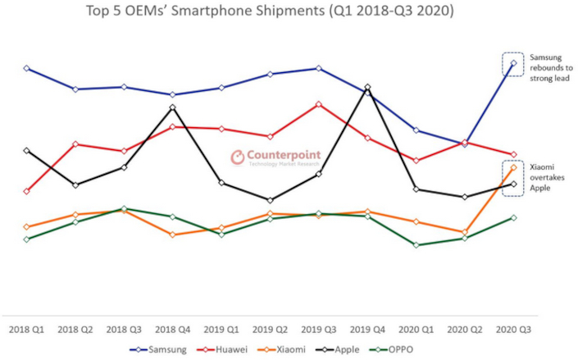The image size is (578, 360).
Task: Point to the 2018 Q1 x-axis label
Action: (27, 330)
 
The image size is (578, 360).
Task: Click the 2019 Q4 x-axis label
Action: (367, 330)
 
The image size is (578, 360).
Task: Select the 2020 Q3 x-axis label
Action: (513, 330)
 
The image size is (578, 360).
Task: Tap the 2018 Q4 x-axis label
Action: (172, 330)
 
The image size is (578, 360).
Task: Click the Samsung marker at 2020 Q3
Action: (513, 63)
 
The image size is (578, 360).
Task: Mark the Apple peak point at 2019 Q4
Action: (367, 86)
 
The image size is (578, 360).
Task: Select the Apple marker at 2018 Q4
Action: (172, 107)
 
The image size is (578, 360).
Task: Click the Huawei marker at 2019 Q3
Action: (318, 104)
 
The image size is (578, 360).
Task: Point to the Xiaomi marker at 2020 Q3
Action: (513, 167)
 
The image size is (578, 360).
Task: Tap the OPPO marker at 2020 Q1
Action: (416, 244)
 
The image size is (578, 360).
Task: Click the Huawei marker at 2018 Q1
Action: (27, 191)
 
